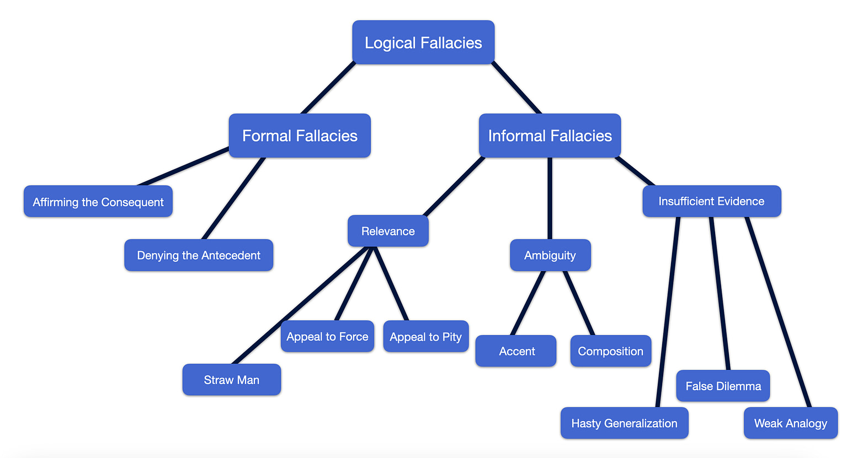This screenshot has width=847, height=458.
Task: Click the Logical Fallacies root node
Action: click(x=423, y=42)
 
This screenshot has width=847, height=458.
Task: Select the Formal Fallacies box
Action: click(x=300, y=136)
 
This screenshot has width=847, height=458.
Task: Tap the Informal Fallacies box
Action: click(x=550, y=136)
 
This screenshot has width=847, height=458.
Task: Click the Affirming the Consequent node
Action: click(x=98, y=202)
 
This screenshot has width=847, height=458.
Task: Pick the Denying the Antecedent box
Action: click(x=199, y=255)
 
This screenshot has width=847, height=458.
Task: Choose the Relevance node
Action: click(x=388, y=231)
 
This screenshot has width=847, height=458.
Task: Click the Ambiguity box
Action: click(x=550, y=255)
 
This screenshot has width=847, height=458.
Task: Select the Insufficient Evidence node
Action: click(x=711, y=201)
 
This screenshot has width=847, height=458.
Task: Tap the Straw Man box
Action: click(x=232, y=380)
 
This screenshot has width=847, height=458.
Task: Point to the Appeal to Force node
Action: click(x=327, y=336)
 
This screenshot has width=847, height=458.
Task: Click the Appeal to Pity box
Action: click(x=425, y=337)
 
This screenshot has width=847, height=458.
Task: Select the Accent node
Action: click(x=516, y=351)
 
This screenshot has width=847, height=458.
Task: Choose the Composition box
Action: click(x=610, y=351)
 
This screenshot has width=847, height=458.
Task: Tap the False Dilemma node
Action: click(x=723, y=386)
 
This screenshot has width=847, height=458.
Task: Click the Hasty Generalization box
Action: click(x=624, y=423)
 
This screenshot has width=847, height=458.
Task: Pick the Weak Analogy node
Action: click(x=790, y=423)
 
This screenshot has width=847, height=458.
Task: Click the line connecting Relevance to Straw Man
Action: click(x=301, y=305)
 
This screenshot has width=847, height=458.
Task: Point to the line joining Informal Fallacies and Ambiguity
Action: click(x=550, y=198)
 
